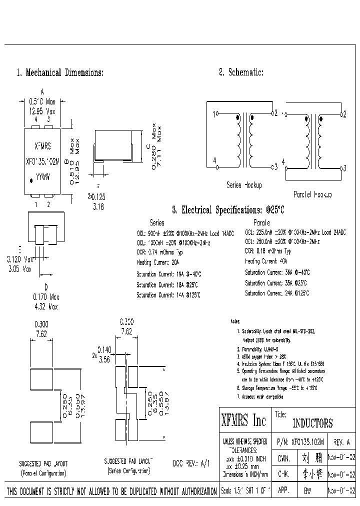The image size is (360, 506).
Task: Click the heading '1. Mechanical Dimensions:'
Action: [60, 72]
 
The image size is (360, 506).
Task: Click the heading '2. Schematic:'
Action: [241, 72]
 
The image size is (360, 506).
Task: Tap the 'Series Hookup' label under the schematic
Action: [244, 185]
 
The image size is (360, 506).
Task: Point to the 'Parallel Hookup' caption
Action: [312, 194]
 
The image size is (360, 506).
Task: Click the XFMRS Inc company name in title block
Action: [243, 421]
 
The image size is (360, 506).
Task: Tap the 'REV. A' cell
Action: [341, 442]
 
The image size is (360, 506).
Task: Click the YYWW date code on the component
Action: [42, 176]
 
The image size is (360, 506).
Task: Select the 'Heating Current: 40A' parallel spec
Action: [266, 261]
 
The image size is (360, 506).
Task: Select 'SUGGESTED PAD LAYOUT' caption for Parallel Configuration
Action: [43, 463]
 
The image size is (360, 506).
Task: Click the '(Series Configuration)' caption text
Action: [129, 471]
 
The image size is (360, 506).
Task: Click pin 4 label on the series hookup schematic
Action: [215, 160]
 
